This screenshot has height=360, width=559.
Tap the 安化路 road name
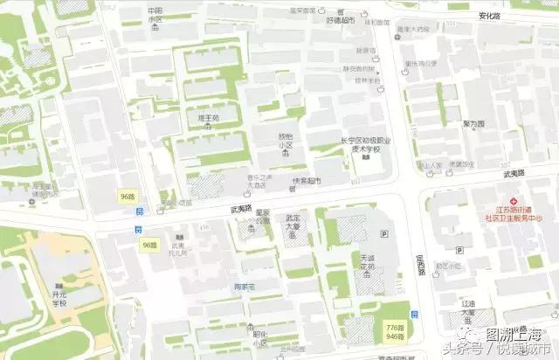click(x=489, y=16)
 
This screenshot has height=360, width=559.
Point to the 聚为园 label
click(x=473, y=124)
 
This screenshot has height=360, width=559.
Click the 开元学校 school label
click(x=59, y=299)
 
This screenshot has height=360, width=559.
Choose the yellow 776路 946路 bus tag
click(x=395, y=330)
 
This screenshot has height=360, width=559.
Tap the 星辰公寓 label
click(x=261, y=215)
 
